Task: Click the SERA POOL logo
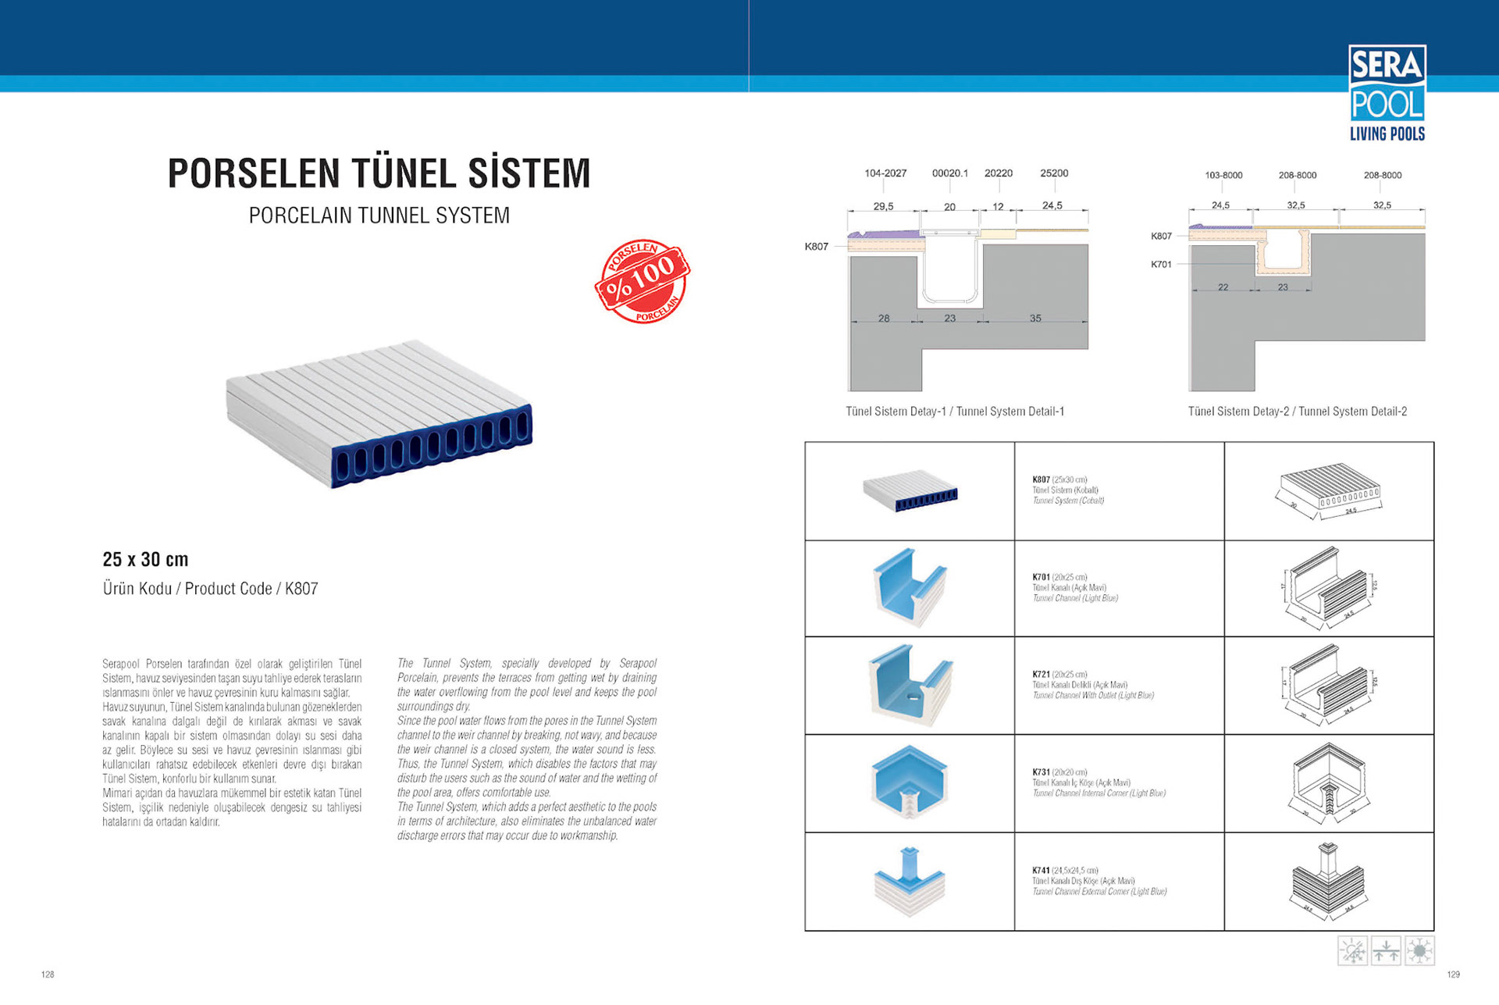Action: pos(1387,92)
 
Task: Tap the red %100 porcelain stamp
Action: pos(642,281)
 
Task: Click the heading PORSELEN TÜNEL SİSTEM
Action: pos(379,173)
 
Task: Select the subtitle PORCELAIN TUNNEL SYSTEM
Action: pos(379,216)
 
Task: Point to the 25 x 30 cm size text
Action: pos(145,559)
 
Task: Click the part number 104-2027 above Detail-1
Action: pos(885,173)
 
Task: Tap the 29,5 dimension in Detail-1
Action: pos(883,206)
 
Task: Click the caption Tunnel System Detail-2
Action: pos(1298,412)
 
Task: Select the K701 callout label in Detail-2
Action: pos(1161,265)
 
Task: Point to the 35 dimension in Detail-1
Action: pos(1035,319)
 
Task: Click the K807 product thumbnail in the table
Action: pos(910,491)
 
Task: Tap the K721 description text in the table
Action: pos(1093,685)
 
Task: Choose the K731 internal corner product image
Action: pos(910,782)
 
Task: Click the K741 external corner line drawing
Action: pos(1328,881)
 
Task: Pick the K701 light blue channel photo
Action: pos(910,587)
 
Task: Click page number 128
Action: pos(48,975)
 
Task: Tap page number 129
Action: pos(1453,975)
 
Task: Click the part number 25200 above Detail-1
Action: pos(1054,173)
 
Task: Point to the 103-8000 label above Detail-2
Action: pos(1223,176)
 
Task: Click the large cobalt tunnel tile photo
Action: pos(379,414)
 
